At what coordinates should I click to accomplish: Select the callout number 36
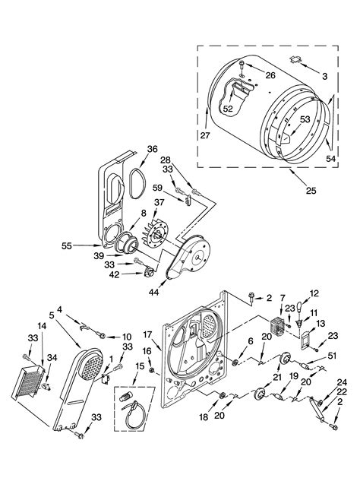coord(152,149)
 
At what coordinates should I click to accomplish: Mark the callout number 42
coord(113,276)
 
